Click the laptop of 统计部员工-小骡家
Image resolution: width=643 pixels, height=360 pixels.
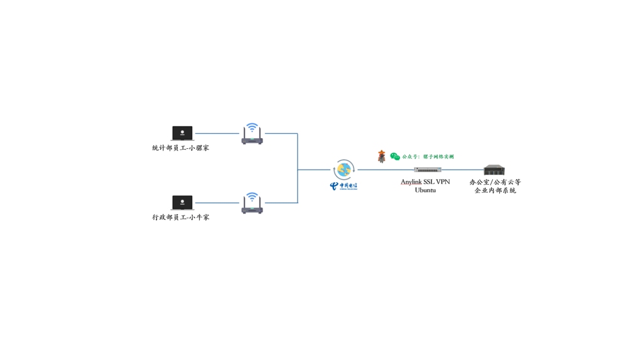pyautogui.click(x=182, y=133)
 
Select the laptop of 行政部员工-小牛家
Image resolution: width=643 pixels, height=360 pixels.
pyautogui.click(x=182, y=202)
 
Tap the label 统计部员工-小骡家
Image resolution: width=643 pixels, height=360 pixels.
pyautogui.click(x=181, y=148)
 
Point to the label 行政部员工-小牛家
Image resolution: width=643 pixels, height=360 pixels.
pyautogui.click(x=181, y=217)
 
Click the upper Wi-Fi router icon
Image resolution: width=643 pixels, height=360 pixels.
pyautogui.click(x=252, y=138)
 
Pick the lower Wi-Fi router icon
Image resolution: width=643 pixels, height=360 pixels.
pyautogui.click(x=252, y=207)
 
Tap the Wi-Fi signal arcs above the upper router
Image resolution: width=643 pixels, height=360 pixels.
pyautogui.click(x=252, y=128)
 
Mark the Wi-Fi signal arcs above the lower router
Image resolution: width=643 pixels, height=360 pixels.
pyautogui.click(x=252, y=197)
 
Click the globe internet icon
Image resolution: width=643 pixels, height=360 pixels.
pyautogui.click(x=344, y=170)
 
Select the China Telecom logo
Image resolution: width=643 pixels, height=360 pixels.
pyautogui.click(x=343, y=186)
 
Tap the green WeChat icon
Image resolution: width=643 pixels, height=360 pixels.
pyautogui.click(x=395, y=156)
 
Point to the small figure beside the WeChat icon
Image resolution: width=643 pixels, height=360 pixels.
pyautogui.click(x=382, y=156)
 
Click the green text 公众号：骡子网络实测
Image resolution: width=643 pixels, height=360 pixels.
pyautogui.click(x=428, y=157)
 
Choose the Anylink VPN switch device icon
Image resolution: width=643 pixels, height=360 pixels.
pyautogui.click(x=428, y=170)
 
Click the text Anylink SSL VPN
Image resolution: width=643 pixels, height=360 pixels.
pyautogui.click(x=425, y=182)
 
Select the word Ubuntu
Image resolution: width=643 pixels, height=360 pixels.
pyautogui.click(x=425, y=190)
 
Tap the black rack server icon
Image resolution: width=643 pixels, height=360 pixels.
pyautogui.click(x=494, y=170)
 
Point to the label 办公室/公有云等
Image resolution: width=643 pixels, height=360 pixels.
pyautogui.click(x=495, y=182)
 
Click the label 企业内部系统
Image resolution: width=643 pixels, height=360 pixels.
pyautogui.click(x=495, y=190)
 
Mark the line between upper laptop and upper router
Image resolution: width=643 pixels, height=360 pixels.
pyautogui.click(x=217, y=133)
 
